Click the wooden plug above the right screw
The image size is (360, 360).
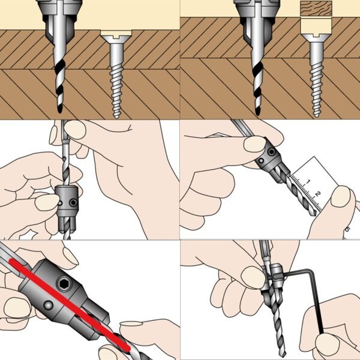coord(316,8)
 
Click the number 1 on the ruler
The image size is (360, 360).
coord(308,182)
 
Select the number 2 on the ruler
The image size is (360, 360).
coord(318,194)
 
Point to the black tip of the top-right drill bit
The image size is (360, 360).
coord(258,111)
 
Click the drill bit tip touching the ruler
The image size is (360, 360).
coord(314,214)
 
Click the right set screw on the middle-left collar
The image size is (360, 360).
coord(73,203)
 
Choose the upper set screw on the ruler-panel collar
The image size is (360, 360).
coord(272,152)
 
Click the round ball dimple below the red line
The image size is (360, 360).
coord(49,305)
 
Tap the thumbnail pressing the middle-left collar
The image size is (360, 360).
coord(47,203)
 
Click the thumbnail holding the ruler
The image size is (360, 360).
coord(341,196)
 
